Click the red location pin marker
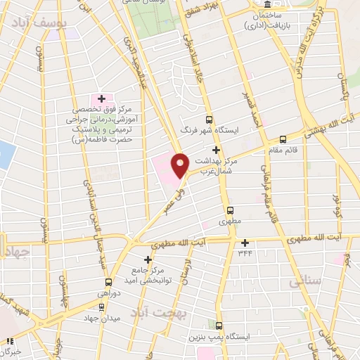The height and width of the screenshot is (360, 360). pos(181,163)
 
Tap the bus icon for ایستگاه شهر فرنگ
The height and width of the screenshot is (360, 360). pos(209,120)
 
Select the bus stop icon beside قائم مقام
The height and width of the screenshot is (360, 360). pos(283,139)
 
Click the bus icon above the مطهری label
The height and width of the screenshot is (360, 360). pos(230,210)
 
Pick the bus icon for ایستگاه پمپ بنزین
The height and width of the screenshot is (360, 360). pos(220,326)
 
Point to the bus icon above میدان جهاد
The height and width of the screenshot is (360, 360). pos(104,307)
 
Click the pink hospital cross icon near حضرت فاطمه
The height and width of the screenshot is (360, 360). pos(102,98)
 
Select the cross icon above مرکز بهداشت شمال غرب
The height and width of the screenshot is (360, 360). pos(216,150)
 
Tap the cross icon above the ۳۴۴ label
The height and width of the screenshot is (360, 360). pos(245,243)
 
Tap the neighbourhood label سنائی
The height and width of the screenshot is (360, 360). pos(304,281)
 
